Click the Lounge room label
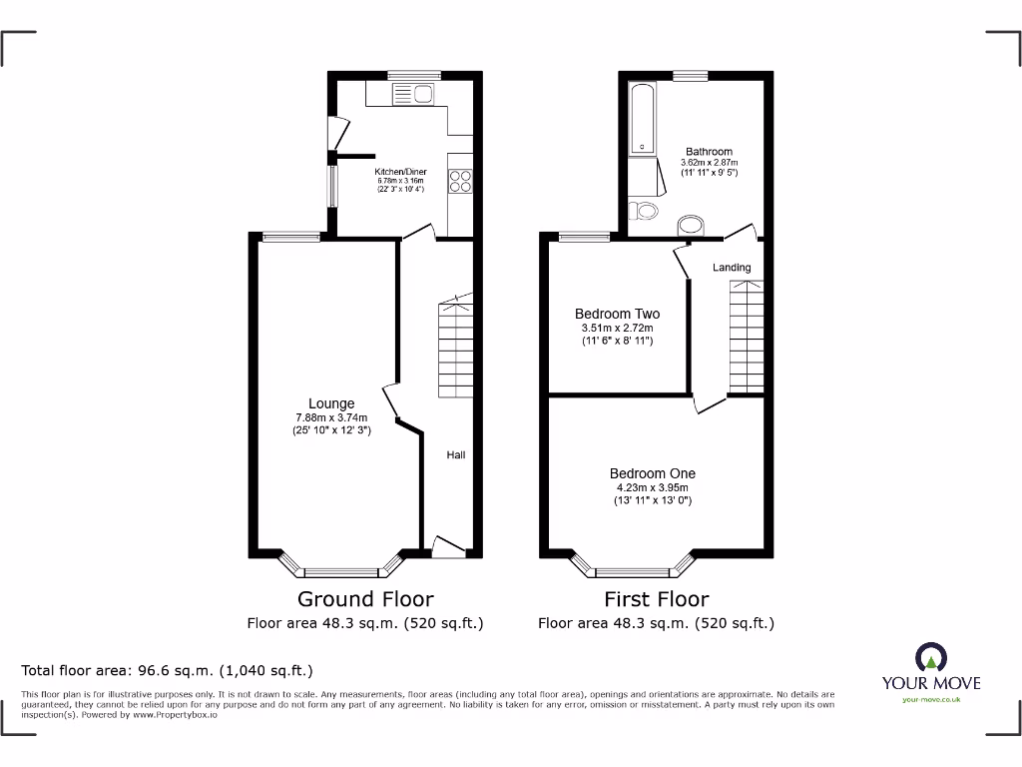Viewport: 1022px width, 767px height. coord(331,403)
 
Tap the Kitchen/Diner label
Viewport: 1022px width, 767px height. coord(400,172)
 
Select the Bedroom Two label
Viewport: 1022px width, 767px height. coord(617,314)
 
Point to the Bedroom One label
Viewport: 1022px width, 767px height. coord(653,473)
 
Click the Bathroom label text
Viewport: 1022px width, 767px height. coord(709,152)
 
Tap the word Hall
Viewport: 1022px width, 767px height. coord(455,455)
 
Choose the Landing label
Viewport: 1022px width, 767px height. coord(732,268)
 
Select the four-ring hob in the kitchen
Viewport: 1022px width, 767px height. coord(460,181)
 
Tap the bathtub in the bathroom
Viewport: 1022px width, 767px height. coord(641,120)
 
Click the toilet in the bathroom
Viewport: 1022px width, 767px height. coord(644,211)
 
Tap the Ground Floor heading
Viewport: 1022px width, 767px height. coord(365,599)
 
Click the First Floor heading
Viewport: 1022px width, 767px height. coord(656,599)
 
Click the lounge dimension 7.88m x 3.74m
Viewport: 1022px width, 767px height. coord(331,417)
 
